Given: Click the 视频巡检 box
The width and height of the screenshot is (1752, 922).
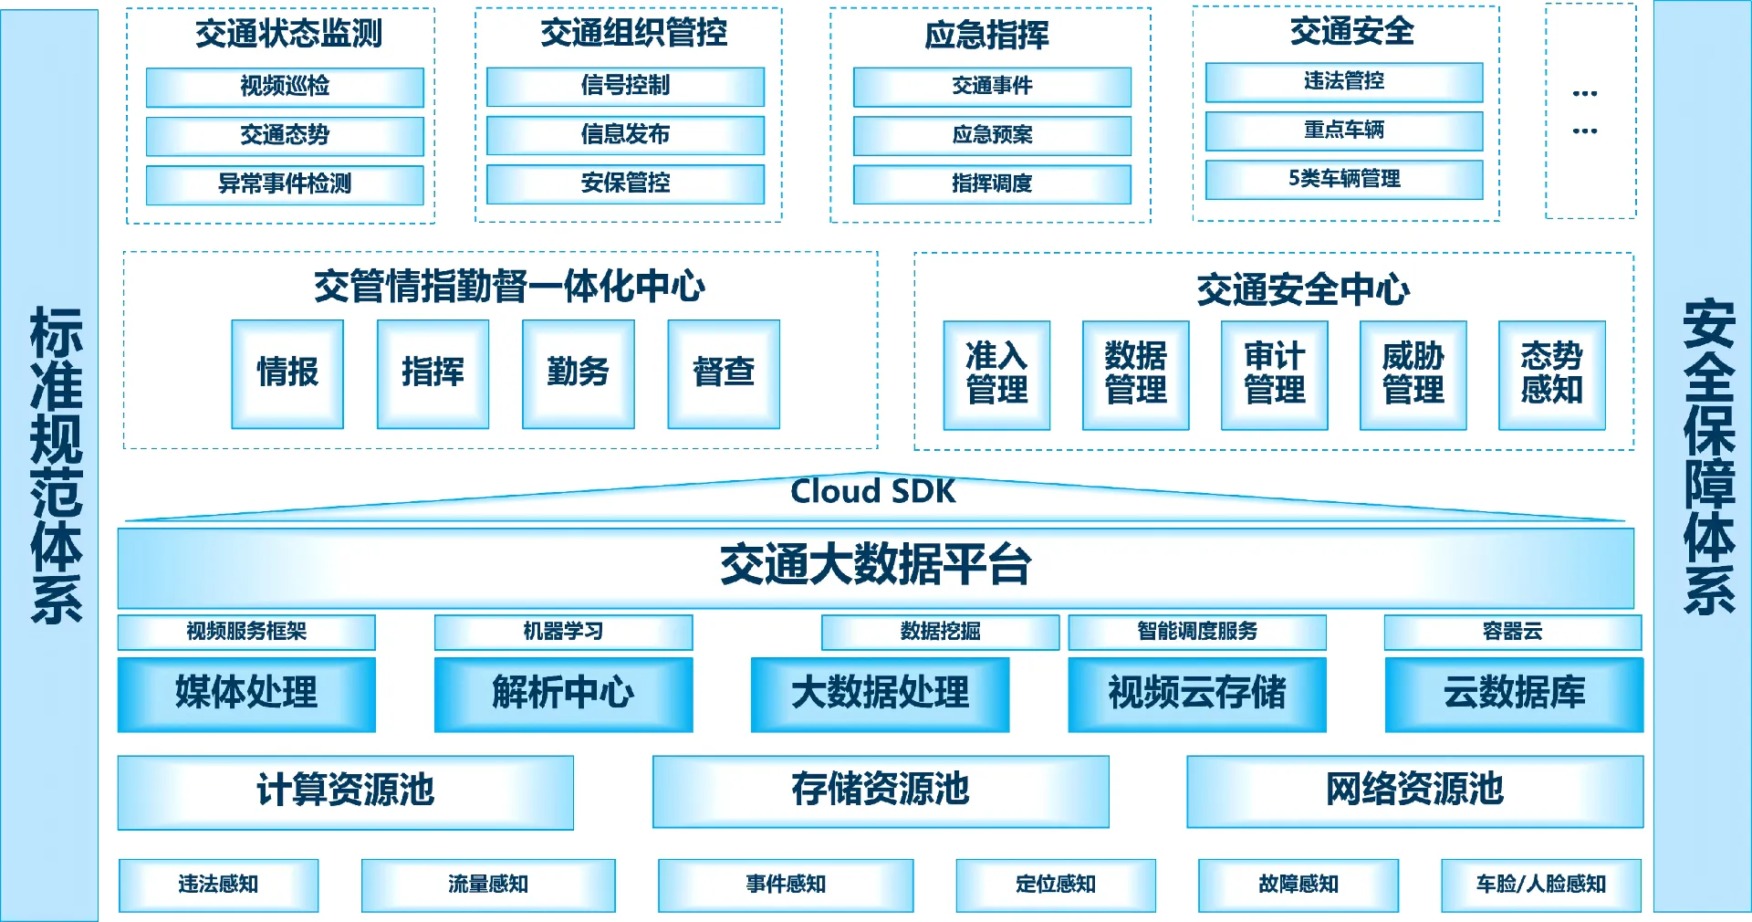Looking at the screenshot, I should (x=285, y=87).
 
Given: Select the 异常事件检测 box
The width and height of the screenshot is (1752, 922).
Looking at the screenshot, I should (x=285, y=184).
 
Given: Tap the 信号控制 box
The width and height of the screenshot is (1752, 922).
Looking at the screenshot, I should (x=625, y=86).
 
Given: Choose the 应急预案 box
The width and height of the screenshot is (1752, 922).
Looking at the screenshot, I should (x=992, y=135).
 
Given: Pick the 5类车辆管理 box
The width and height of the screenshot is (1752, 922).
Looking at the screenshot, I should (x=1344, y=179).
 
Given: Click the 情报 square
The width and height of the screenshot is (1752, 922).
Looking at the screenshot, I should (x=287, y=373).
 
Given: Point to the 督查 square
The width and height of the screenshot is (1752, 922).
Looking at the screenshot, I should (x=724, y=373).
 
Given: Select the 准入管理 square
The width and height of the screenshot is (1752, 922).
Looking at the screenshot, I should (x=996, y=374).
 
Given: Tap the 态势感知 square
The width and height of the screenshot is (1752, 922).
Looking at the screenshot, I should (x=1551, y=374).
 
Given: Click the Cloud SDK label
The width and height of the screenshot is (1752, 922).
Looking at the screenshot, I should (x=873, y=492).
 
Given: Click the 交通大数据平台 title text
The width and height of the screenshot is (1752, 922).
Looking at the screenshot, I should (x=875, y=564).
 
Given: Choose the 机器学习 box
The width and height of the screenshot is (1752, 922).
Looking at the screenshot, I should (x=563, y=632).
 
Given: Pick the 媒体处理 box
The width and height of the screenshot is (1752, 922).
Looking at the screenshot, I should (x=246, y=694).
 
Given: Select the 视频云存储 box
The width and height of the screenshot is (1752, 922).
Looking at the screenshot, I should (x=1197, y=694).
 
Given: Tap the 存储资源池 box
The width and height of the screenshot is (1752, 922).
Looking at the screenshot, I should (x=881, y=791).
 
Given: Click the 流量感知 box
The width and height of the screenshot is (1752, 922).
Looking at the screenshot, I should (x=488, y=885).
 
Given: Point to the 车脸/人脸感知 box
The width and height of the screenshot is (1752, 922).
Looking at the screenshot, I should (x=1541, y=885).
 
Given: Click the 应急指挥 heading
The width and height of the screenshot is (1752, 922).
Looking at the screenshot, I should (x=987, y=36).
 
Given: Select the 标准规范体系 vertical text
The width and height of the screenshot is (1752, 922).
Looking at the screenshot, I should (x=56, y=466).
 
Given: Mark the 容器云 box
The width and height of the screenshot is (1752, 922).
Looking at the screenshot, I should (x=1512, y=632).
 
